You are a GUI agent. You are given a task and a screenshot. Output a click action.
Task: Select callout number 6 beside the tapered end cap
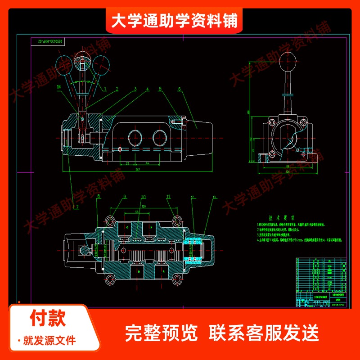pyautogui.click(x=179, y=89)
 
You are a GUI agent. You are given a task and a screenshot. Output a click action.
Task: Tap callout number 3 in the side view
pyautogui.click(x=134, y=89)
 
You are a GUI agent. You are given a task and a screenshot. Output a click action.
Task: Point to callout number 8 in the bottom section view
pyautogui.click(x=99, y=197)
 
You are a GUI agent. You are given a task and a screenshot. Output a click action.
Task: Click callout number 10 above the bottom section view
pyautogui.click(x=144, y=197)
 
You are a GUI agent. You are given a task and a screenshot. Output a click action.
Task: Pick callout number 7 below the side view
pyautogui.click(x=77, y=207)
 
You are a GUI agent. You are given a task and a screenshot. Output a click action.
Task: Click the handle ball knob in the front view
pyautogui.click(x=287, y=58)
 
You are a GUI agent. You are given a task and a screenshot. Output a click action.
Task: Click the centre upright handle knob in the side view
pyautogui.click(x=81, y=58)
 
